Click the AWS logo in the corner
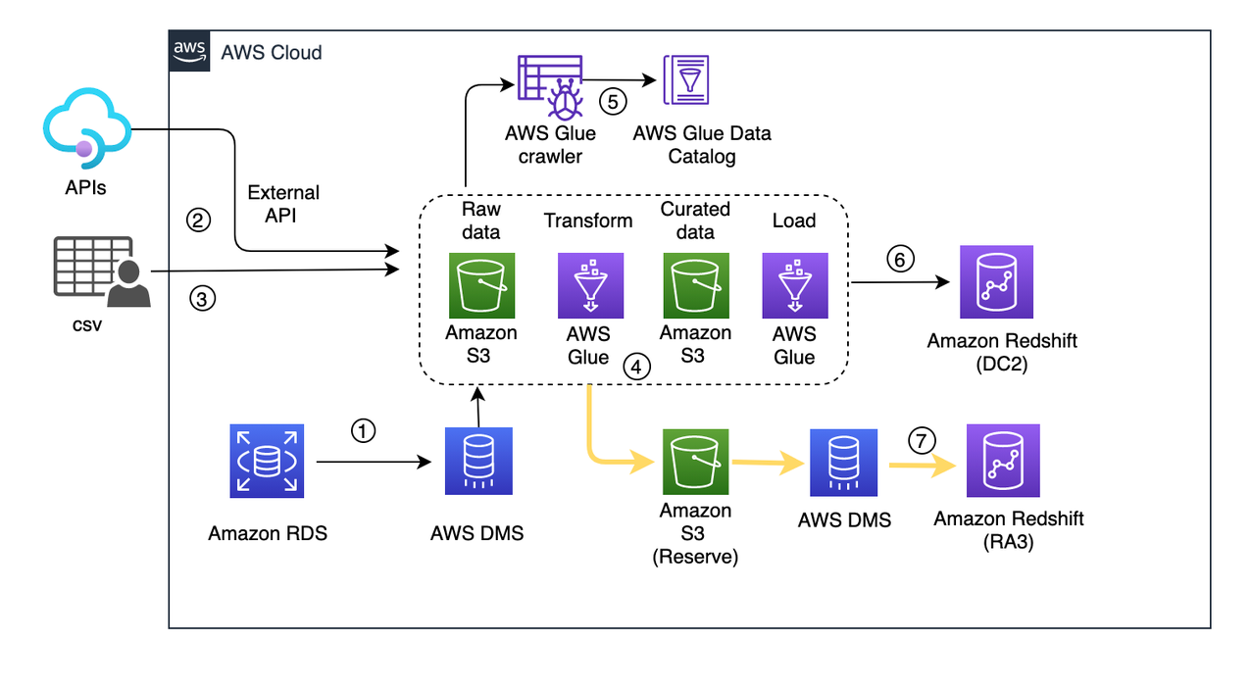[188, 50]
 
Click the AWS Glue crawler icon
[550, 86]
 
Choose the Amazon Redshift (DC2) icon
[996, 282]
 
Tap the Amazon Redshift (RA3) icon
[1002, 461]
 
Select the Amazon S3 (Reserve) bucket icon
[694, 461]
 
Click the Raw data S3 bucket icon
[480, 286]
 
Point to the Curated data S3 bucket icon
[695, 286]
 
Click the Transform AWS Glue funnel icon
[588, 286]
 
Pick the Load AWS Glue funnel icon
[794, 286]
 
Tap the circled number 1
[364, 431]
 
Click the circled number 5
[613, 102]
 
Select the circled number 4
[636, 368]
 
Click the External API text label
[284, 204]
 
